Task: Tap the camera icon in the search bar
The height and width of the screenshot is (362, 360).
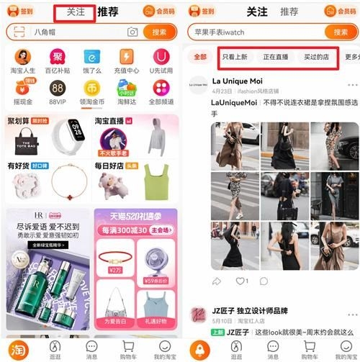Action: click(x=132, y=32)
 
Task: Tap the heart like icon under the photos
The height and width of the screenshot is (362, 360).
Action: click(x=240, y=281)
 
